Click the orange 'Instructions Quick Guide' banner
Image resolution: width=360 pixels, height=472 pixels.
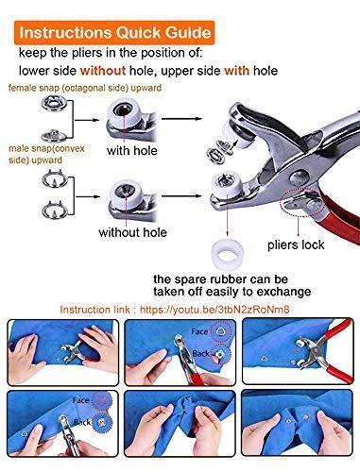coord(114,32)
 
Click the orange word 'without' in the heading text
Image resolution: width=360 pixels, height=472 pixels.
coord(103,71)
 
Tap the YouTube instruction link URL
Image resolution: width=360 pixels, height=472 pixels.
coord(214,310)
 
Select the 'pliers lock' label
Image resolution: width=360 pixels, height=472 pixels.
coord(296,244)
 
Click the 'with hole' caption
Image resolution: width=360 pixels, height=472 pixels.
coord(132,151)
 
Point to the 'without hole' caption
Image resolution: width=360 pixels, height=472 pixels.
coord(132,232)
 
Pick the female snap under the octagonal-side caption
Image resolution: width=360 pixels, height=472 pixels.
coord(53,103)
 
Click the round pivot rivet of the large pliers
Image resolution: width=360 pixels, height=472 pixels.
coord(300,177)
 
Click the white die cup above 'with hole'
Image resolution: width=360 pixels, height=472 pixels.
coord(124,111)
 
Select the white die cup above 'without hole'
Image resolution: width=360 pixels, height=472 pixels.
coord(126,192)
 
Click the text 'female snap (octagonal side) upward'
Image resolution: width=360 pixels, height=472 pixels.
coord(85,88)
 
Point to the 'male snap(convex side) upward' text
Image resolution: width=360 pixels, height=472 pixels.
coord(46,154)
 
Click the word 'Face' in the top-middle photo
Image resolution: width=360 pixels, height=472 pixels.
coord(199,331)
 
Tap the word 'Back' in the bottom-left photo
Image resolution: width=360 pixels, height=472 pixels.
coord(82,422)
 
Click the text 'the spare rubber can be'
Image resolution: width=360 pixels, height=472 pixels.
coord(220,279)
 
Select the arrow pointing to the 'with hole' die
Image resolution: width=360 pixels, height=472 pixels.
coord(86,120)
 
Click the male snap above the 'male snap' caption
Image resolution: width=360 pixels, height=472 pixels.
coord(54,135)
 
